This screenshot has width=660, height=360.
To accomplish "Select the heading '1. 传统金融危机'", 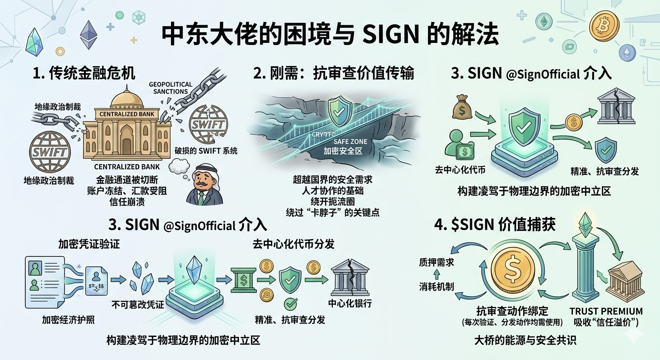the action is [x=84, y=73].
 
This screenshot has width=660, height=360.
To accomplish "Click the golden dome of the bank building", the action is [x=126, y=97].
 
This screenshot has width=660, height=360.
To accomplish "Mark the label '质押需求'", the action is [x=436, y=263].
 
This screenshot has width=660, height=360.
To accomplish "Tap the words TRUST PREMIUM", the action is [x=606, y=311].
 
